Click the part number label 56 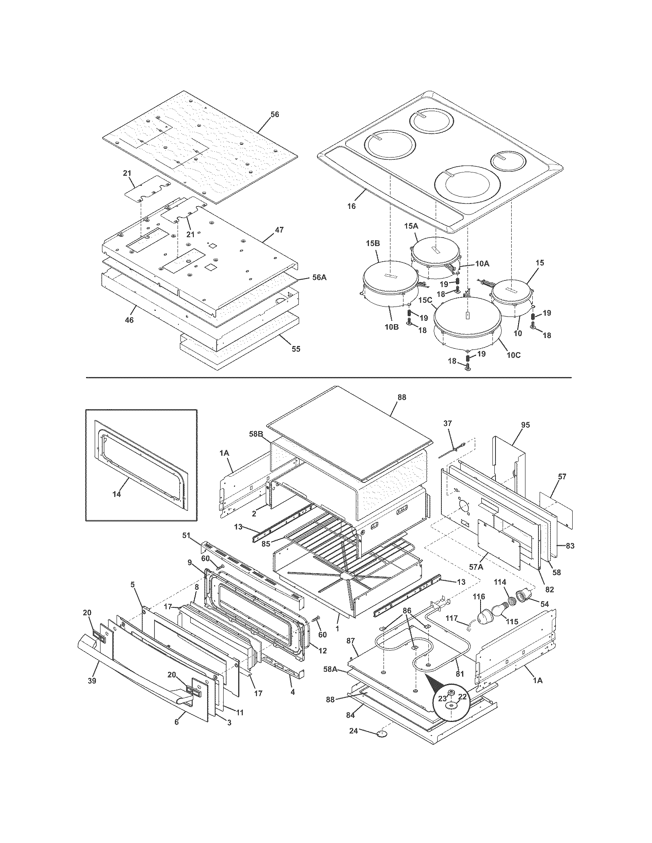(274, 115)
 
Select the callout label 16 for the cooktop (351, 206)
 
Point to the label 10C (513, 355)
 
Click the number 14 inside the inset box (116, 494)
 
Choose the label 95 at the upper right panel (525, 425)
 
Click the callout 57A (476, 567)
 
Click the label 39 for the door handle (92, 681)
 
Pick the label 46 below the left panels (129, 320)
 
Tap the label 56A (319, 277)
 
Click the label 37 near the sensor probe (447, 423)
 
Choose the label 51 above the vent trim (186, 535)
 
